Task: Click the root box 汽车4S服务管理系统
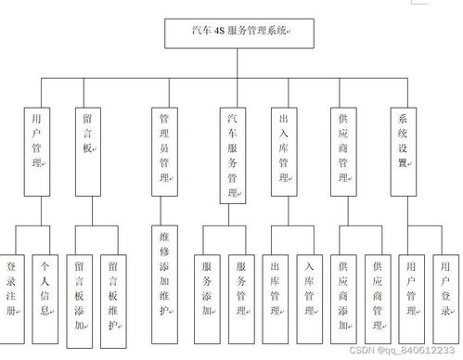239,32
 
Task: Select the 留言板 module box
87,148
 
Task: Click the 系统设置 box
402,148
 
